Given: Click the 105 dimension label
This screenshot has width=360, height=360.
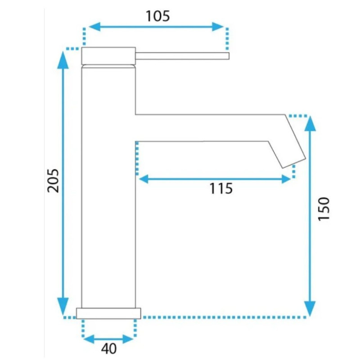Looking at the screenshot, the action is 158,16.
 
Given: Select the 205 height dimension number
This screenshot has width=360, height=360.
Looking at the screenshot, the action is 53,181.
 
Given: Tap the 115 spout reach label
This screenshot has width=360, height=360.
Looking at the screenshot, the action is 221,188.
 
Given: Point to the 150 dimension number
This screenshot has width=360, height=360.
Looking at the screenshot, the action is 324,209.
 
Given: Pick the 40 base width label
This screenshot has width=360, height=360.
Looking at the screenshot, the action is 109,349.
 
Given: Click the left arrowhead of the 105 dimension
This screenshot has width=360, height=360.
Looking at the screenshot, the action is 94,27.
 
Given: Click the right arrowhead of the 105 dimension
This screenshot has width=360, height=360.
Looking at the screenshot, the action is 218,27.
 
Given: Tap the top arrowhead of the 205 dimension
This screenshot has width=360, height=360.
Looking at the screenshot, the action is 63,60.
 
